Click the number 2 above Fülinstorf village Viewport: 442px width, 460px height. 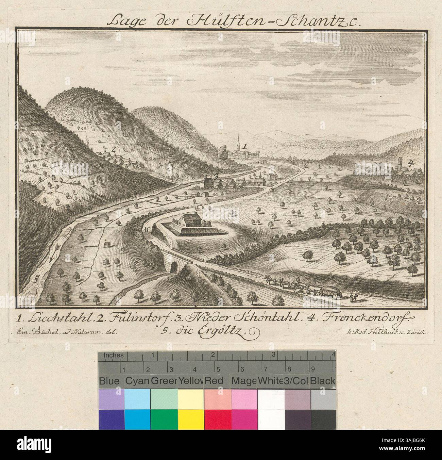click(x=114, y=149)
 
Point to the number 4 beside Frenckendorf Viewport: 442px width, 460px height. click(x=411, y=163)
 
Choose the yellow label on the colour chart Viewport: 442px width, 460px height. click(x=191, y=381)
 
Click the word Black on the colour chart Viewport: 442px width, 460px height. click(x=323, y=381)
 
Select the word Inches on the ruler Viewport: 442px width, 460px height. click(x=114, y=355)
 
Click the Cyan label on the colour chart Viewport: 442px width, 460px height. click(x=137, y=381)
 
